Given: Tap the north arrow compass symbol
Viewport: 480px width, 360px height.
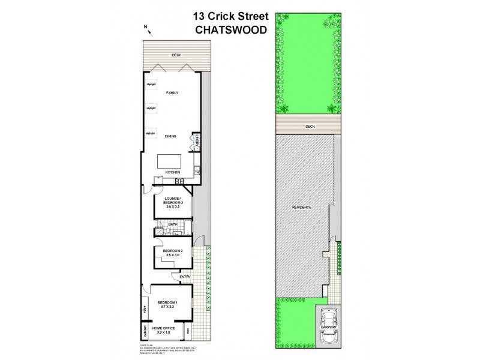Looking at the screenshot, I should (x=146, y=27).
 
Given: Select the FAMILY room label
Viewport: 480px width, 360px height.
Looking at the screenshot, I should (x=173, y=94).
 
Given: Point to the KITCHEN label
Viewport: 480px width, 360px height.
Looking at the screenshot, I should (x=173, y=173).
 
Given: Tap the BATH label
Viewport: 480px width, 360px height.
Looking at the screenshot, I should (x=172, y=224).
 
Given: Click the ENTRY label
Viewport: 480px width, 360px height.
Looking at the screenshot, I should (x=185, y=276).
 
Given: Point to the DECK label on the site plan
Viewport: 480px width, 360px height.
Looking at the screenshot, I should (x=310, y=127).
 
